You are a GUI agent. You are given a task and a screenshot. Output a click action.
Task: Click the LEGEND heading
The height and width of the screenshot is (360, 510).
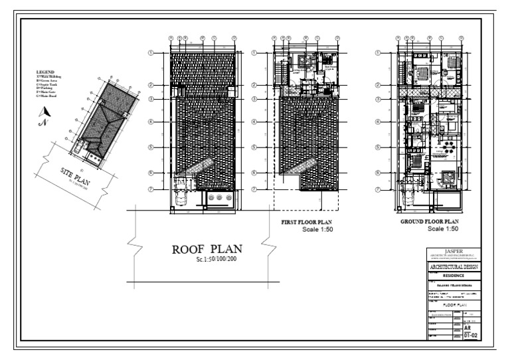pos(45,71)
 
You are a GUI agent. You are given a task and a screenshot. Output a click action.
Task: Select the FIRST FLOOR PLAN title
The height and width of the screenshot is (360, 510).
pos(302,222)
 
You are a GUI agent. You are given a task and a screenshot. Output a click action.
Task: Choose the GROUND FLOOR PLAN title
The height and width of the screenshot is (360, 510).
pos(430,222)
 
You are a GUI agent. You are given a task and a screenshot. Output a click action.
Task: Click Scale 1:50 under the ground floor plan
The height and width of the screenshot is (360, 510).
pos(444,229)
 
